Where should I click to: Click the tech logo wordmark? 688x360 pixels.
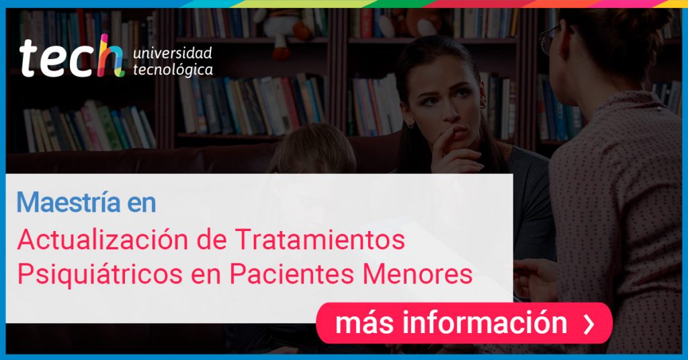[x=71, y=57]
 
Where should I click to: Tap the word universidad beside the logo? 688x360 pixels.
[x=173, y=54]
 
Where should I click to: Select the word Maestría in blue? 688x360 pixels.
[x=69, y=202]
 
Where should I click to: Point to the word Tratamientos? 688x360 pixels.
[x=320, y=240]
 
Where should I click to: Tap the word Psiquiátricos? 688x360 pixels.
[x=99, y=275]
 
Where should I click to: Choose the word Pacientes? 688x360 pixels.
[x=292, y=274]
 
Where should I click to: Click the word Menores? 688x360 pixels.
[x=417, y=274]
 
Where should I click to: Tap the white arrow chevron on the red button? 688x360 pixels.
[x=589, y=324]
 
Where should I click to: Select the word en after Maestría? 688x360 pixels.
[x=142, y=203]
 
